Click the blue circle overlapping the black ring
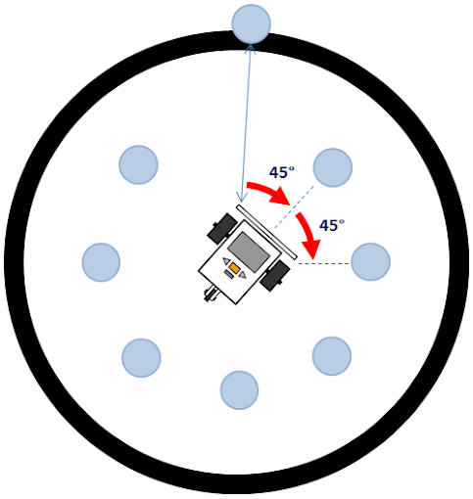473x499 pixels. click(x=251, y=23)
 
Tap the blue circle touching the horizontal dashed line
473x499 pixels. click(x=370, y=262)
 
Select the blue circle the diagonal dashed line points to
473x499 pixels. click(x=333, y=167)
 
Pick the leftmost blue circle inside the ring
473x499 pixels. click(x=101, y=262)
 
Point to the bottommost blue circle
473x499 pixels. click(x=239, y=390)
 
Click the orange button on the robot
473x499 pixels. click(x=234, y=268)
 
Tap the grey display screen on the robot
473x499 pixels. click(x=249, y=251)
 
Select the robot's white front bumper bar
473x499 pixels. click(x=266, y=232)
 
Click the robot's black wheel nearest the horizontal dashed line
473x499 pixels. click(x=275, y=276)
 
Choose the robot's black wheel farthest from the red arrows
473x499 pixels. click(x=222, y=228)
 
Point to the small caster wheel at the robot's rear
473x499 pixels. click(x=211, y=293)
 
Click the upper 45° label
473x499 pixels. click(x=282, y=172)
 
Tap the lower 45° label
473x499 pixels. click(x=332, y=225)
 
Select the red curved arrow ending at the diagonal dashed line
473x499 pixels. click(x=269, y=191)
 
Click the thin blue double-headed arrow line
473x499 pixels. click(x=246, y=123)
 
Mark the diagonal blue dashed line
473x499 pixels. click(x=294, y=207)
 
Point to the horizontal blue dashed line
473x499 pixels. click(x=323, y=263)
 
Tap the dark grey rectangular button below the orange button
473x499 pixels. click(x=229, y=275)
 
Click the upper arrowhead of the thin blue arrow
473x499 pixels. click(x=251, y=48)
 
